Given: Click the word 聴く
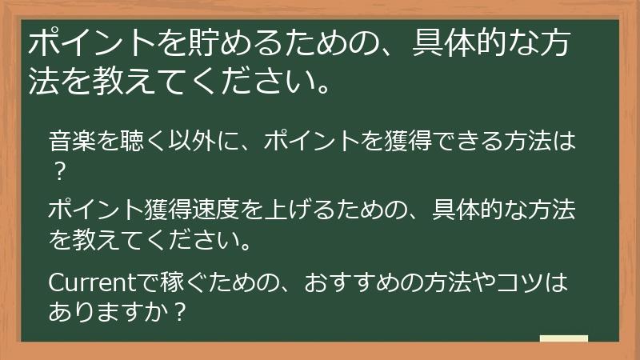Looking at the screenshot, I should pyautogui.click(x=122, y=142).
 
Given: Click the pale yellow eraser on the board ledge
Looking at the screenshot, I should pyautogui.click(x=564, y=339).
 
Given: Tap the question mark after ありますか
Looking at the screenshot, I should pyautogui.click(x=180, y=310).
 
